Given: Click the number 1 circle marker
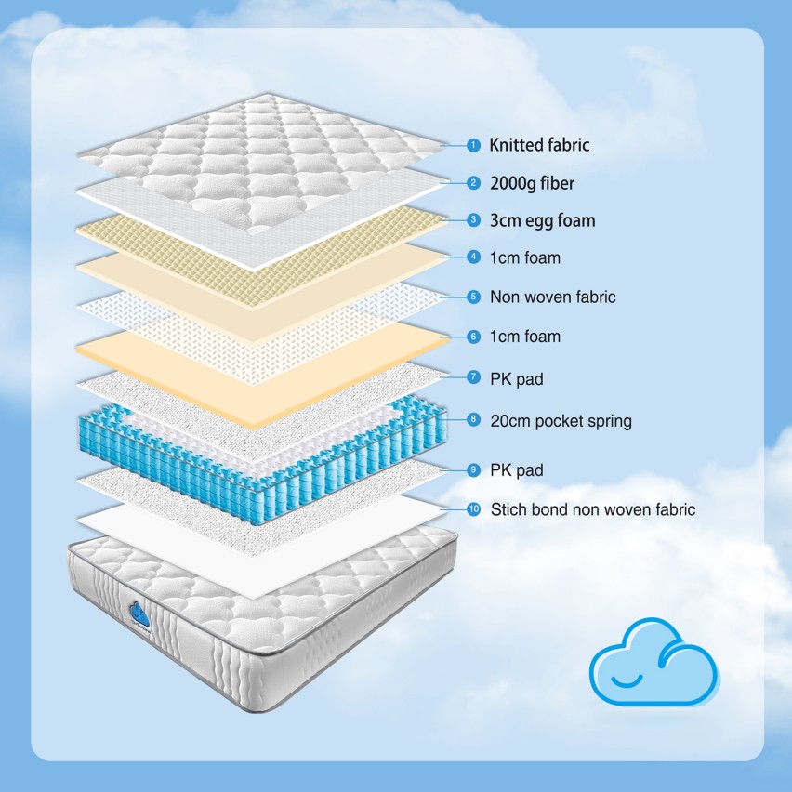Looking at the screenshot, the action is tap(473, 145).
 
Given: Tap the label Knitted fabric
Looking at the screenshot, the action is tap(539, 145).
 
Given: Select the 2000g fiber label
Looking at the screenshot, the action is tap(532, 183).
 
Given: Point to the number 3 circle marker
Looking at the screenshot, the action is tap(473, 219).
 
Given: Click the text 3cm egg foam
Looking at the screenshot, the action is tap(543, 220).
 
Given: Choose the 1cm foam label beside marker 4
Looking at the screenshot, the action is tap(525, 257).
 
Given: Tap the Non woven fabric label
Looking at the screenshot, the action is tap(552, 297).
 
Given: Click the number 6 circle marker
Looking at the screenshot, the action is tap(473, 337).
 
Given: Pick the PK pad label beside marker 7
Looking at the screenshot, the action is tap(516, 379).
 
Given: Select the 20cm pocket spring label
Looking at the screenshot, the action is tap(561, 421).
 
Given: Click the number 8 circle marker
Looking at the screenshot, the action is tap(473, 418).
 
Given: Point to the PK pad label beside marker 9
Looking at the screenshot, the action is tap(516, 470).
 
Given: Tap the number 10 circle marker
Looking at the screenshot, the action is tap(473, 509).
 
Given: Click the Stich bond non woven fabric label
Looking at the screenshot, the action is tap(593, 509).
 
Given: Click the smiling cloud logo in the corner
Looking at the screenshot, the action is tap(654, 662).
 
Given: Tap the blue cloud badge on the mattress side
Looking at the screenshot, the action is tap(139, 614).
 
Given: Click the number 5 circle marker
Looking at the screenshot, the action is tap(473, 297).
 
